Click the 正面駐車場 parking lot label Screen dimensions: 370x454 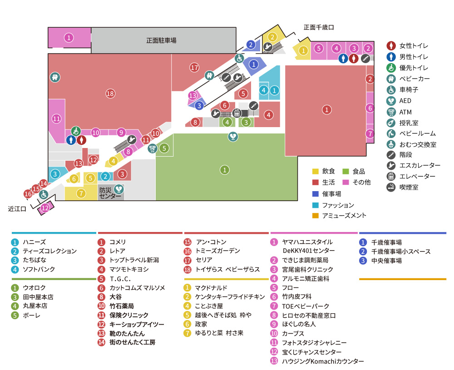(x=161, y=40)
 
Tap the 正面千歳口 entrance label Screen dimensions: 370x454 (x=319, y=28)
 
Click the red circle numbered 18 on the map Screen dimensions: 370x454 (x=110, y=94)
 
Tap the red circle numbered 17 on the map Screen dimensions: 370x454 (x=195, y=68)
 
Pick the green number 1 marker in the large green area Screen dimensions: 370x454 (x=225, y=170)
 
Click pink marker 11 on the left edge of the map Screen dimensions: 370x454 (x=56, y=119)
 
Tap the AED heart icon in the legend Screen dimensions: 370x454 (x=391, y=101)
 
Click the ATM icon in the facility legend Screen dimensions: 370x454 (x=391, y=112)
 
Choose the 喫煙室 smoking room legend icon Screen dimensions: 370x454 (x=391, y=187)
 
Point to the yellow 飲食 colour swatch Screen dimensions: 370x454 (x=315, y=171)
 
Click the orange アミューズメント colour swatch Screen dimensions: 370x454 (x=315, y=215)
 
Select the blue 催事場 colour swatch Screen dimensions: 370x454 (x=315, y=194)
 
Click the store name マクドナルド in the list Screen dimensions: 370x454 (x=211, y=288)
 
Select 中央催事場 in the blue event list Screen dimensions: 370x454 (x=386, y=261)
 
